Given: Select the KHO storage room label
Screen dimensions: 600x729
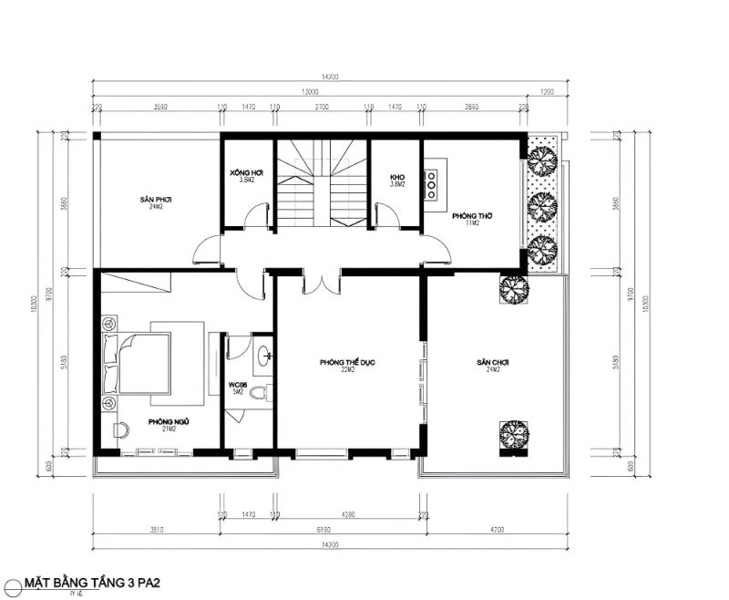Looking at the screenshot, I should coord(396,175).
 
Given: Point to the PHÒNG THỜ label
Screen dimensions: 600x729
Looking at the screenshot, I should coord(472,216).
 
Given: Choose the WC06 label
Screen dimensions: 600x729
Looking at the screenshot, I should coord(238,386).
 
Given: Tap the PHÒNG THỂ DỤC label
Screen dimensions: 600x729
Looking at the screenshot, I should coord(347,363).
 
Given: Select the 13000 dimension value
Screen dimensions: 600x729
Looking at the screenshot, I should coord(309,92).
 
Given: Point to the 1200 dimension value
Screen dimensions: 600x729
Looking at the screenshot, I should coord(547,92).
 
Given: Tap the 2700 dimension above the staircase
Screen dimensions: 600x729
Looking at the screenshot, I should coord(322,108).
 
